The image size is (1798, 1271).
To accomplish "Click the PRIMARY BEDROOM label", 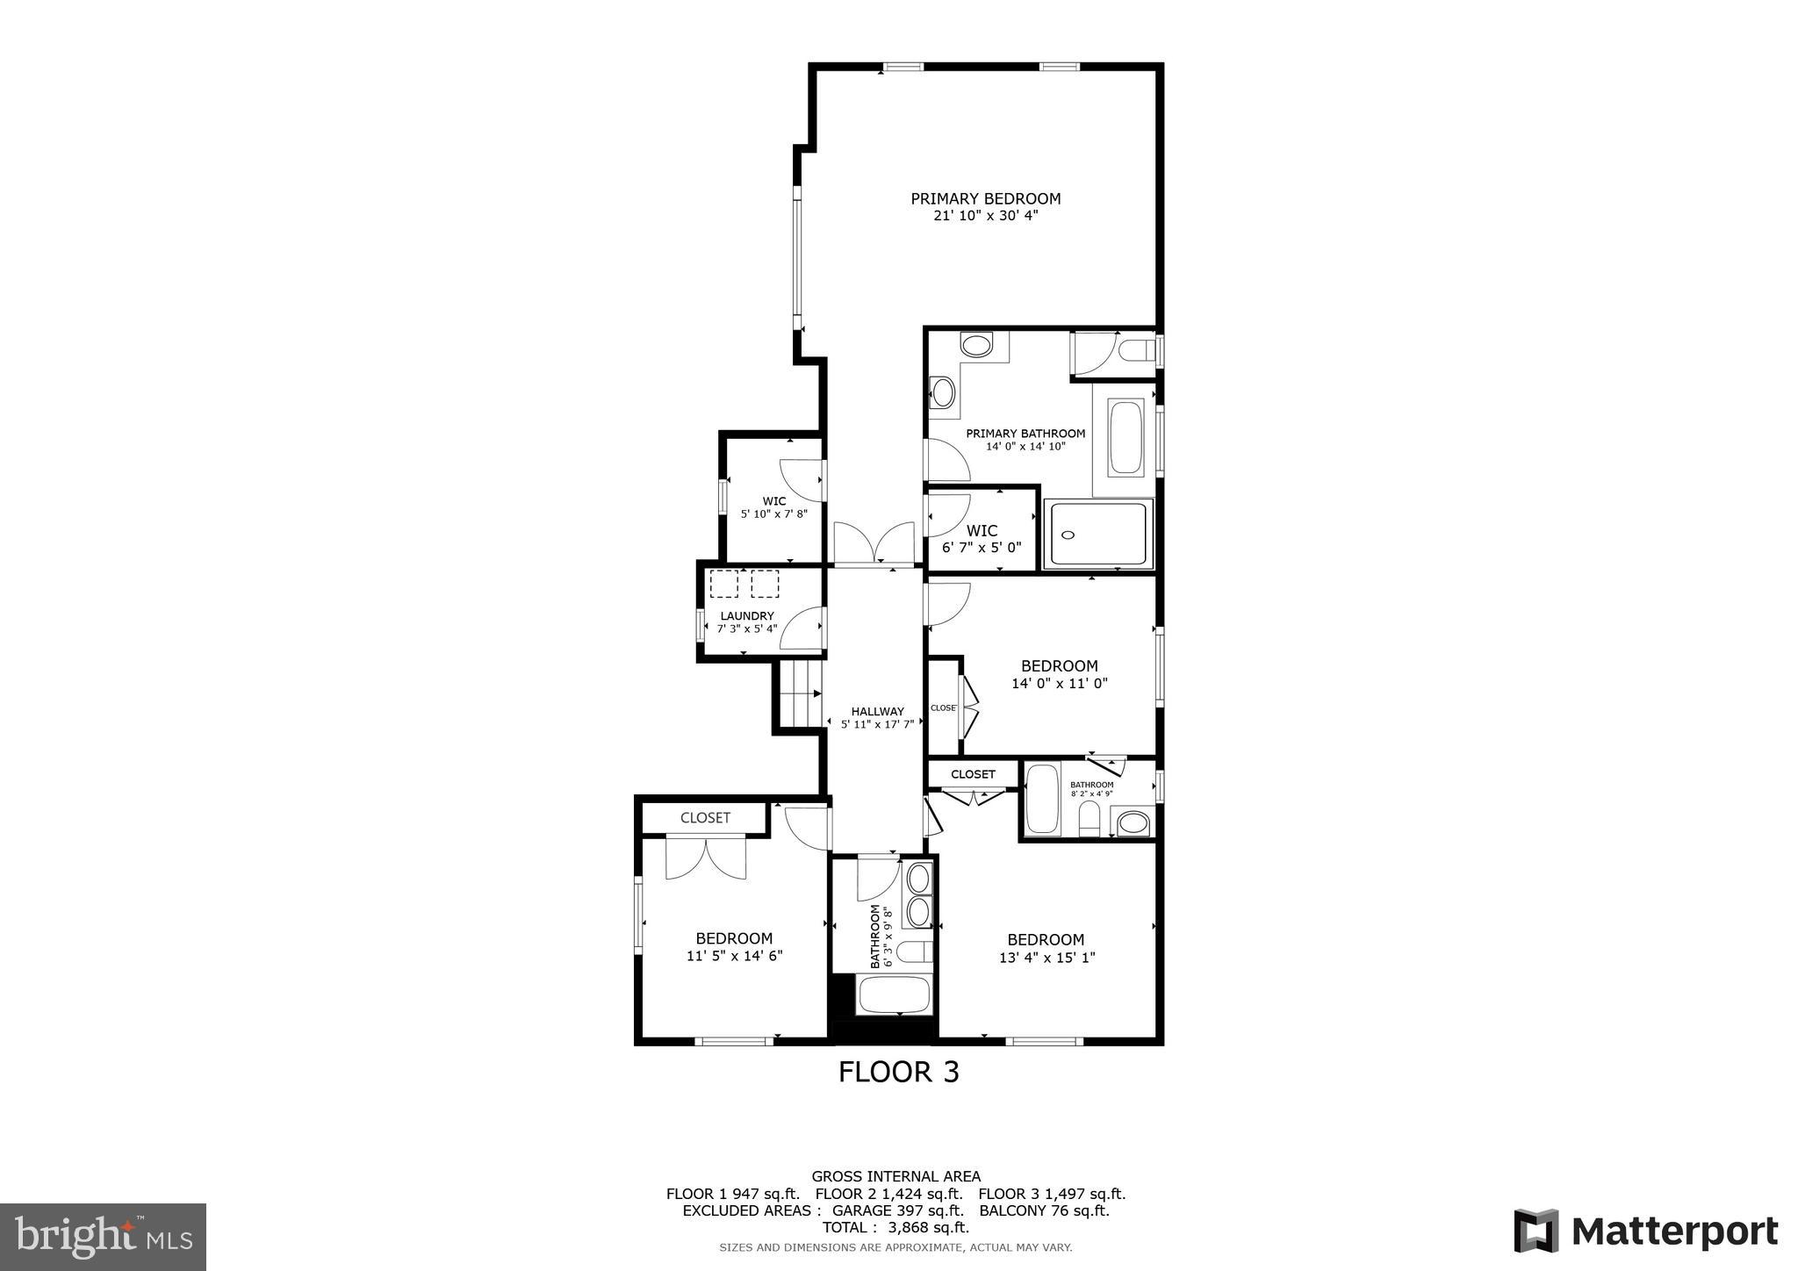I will (x=985, y=198).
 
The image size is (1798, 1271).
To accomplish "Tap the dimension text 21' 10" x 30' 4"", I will (x=985, y=216).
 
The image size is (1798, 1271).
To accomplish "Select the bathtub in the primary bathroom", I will (x=1125, y=437).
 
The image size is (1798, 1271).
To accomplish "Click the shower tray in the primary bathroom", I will (x=1098, y=534).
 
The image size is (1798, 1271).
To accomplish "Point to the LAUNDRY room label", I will (x=747, y=616).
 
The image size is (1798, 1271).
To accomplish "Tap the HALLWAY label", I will (x=877, y=712).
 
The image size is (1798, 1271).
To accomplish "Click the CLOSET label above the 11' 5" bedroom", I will (x=705, y=818).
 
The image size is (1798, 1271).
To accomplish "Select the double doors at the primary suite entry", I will (x=874, y=542).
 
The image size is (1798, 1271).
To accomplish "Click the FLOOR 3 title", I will (x=898, y=1072).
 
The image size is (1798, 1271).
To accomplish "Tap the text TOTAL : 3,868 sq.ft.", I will (x=895, y=1228).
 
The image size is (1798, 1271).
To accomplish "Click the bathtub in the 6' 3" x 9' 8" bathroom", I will (x=893, y=995).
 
